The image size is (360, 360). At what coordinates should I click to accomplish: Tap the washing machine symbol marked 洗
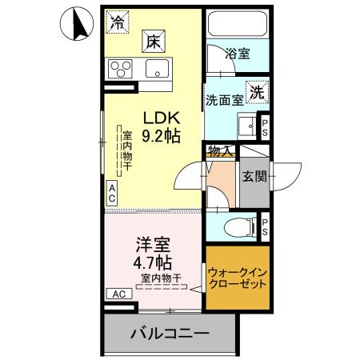pos(258,92)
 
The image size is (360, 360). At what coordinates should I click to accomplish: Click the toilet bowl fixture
pos(237,225)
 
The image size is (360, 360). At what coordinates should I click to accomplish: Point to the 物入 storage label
pos(220,150)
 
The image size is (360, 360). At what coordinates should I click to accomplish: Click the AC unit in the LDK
pos(112,193)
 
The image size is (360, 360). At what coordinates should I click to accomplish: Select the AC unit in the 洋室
pos(118,294)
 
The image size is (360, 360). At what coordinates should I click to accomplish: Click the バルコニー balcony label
pos(170,333)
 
